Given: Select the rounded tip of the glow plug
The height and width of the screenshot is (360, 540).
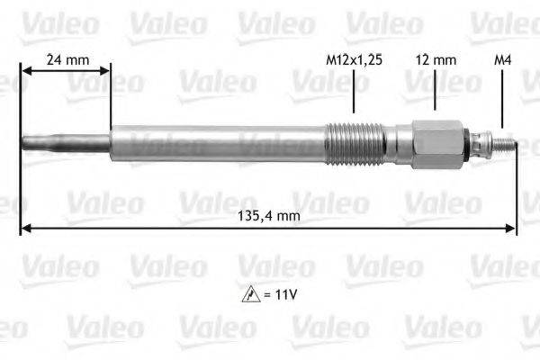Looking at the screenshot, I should [25, 142].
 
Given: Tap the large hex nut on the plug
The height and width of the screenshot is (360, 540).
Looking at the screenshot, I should [437, 142].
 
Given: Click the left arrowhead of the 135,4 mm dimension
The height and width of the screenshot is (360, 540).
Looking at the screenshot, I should [25, 228].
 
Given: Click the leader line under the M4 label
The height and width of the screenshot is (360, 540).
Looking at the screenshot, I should [503, 99].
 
